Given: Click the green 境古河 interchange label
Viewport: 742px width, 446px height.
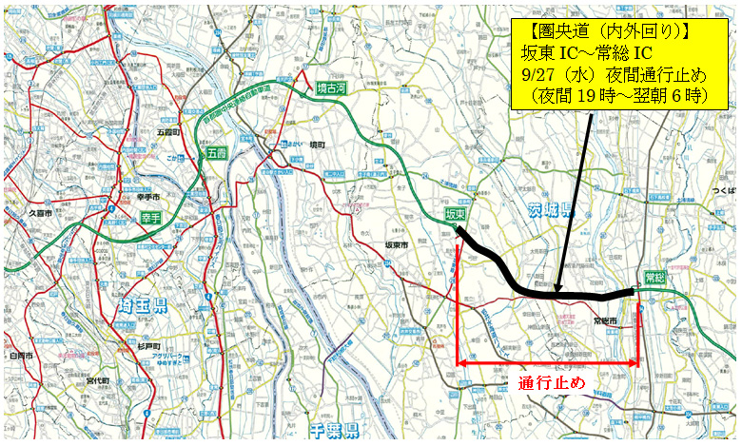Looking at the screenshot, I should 330,90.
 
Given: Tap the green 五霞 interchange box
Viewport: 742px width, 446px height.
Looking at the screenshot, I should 211,152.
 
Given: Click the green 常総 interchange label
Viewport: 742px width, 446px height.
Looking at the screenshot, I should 654,277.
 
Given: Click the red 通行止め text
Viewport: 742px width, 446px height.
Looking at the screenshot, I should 552,383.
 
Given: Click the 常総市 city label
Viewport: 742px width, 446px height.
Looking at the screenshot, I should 606,322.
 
